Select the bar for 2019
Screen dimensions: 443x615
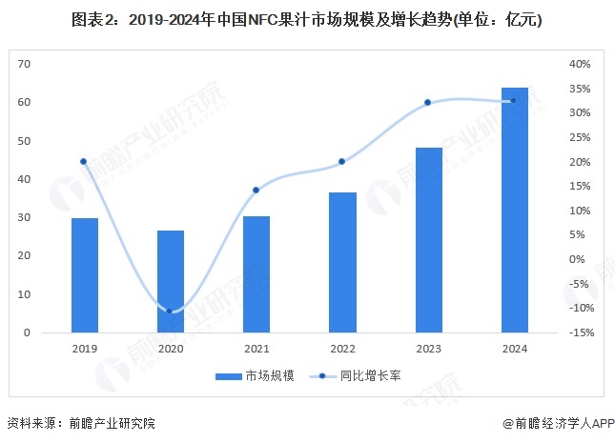[x=84, y=275]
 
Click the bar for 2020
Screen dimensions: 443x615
[x=170, y=282]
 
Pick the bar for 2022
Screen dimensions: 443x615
[x=342, y=262]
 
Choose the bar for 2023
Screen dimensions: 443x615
[x=428, y=240]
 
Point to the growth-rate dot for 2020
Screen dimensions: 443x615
[x=170, y=311]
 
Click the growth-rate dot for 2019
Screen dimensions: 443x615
[x=84, y=162]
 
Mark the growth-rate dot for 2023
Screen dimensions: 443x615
[x=428, y=103]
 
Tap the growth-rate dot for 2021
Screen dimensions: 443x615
[x=256, y=191]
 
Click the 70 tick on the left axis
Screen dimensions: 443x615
[x=25, y=64]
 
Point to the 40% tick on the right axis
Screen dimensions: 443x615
[x=581, y=64]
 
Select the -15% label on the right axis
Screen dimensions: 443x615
[x=581, y=332]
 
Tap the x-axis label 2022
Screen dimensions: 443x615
[x=342, y=349]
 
